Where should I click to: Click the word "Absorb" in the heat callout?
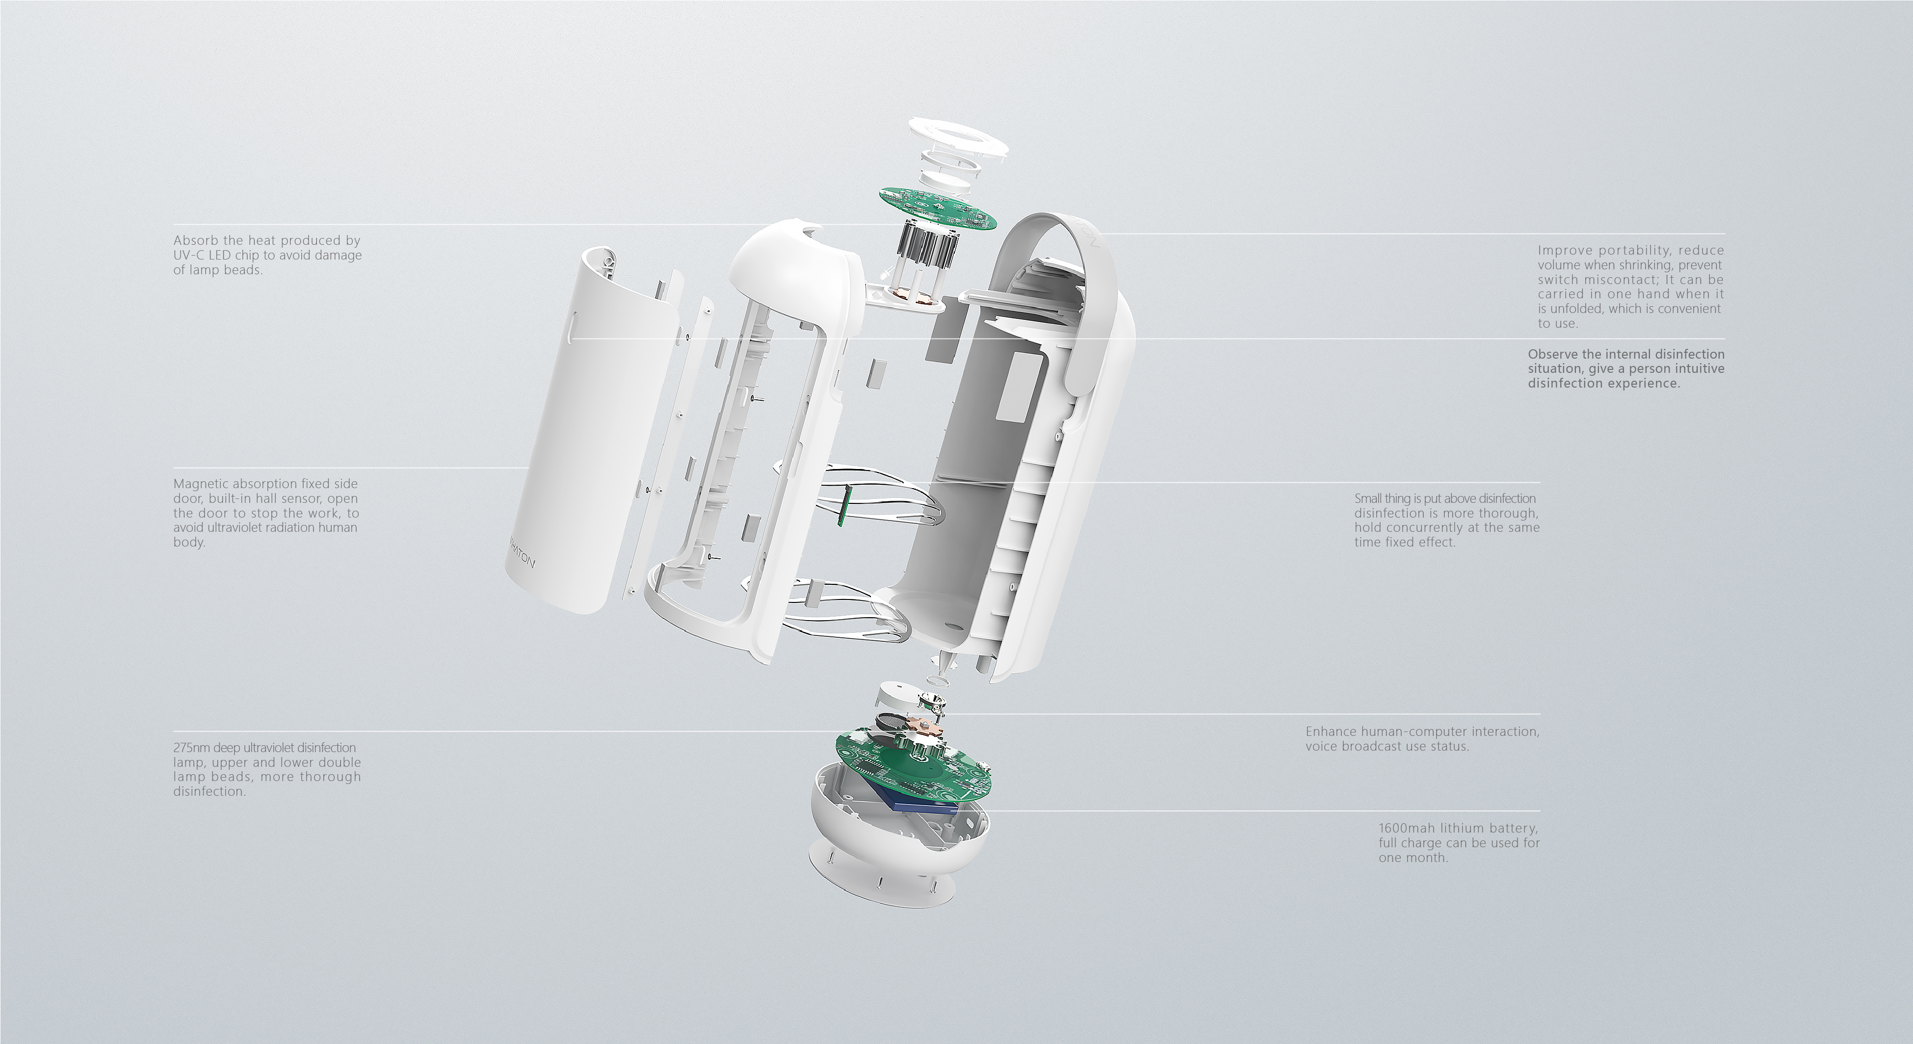[195, 240]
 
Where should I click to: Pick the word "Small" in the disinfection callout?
[1369, 498]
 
